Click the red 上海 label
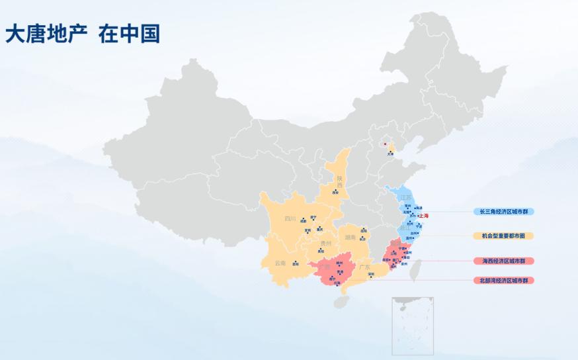coord(424,216)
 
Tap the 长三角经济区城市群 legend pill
coord(504,212)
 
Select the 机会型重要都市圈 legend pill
coord(504,236)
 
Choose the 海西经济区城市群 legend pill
coord(504,261)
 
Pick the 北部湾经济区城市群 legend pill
coord(504,281)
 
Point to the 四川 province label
coord(290,218)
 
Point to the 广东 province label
coord(364,267)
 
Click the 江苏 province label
coord(405,198)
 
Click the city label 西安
coord(335,193)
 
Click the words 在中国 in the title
coord(129,34)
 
